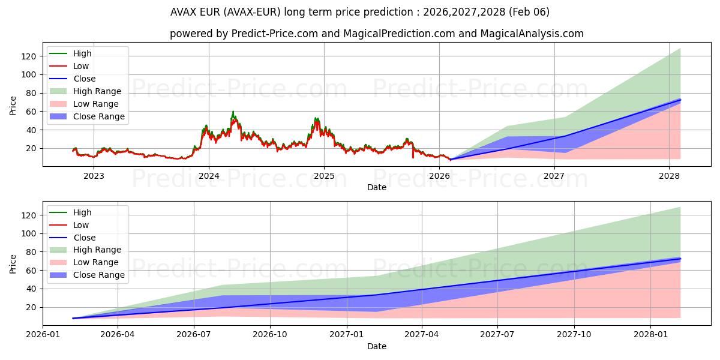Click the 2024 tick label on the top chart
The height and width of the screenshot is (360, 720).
point(209,176)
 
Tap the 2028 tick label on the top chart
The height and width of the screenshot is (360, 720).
point(669,176)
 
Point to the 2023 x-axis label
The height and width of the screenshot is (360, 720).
point(94,176)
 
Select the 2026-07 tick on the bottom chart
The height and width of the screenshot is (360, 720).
point(194,334)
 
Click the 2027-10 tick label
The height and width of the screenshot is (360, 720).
point(574,334)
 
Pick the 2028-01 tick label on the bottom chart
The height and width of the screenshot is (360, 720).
point(651,334)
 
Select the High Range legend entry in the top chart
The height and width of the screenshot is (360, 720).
point(97,91)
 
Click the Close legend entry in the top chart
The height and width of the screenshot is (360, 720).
point(85,79)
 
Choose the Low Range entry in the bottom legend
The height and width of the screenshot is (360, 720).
point(96,262)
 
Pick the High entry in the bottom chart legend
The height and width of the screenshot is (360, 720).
point(83,212)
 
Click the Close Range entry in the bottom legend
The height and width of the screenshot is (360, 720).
point(99,275)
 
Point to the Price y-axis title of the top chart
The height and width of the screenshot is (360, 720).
point(13,106)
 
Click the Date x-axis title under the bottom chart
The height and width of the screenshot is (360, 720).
point(376,346)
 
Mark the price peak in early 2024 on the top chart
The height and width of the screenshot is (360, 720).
point(233,112)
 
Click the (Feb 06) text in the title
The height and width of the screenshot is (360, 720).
point(530,12)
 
